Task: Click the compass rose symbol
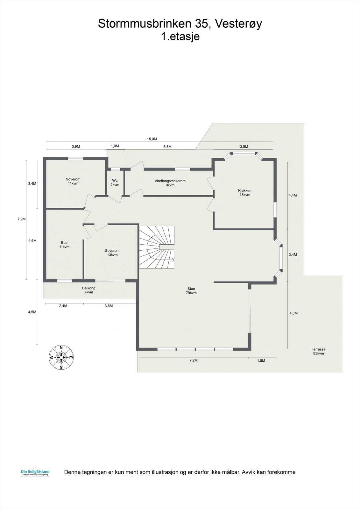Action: pos(61,358)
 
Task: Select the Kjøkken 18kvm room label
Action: pos(245,193)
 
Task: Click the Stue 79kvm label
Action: pos(191,291)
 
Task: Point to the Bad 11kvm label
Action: pos(64,245)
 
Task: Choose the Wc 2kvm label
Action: pos(115,183)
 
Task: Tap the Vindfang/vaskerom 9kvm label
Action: pos(170,183)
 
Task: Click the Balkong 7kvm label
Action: pos(89,290)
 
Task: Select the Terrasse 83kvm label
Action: pos(318,351)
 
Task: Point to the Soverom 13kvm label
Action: pos(112,253)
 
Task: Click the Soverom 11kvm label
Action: pos(73,181)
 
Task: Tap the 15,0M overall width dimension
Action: pos(152,139)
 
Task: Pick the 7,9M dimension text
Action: pos(21,219)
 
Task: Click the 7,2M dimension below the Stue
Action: pos(194,360)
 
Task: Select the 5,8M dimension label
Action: pos(167,147)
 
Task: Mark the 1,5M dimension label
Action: pos(261,360)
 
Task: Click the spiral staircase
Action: pos(157,247)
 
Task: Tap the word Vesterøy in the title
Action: pos(238,24)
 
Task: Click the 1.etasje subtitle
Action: pos(180,36)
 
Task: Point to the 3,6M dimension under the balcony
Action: pos(109,306)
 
